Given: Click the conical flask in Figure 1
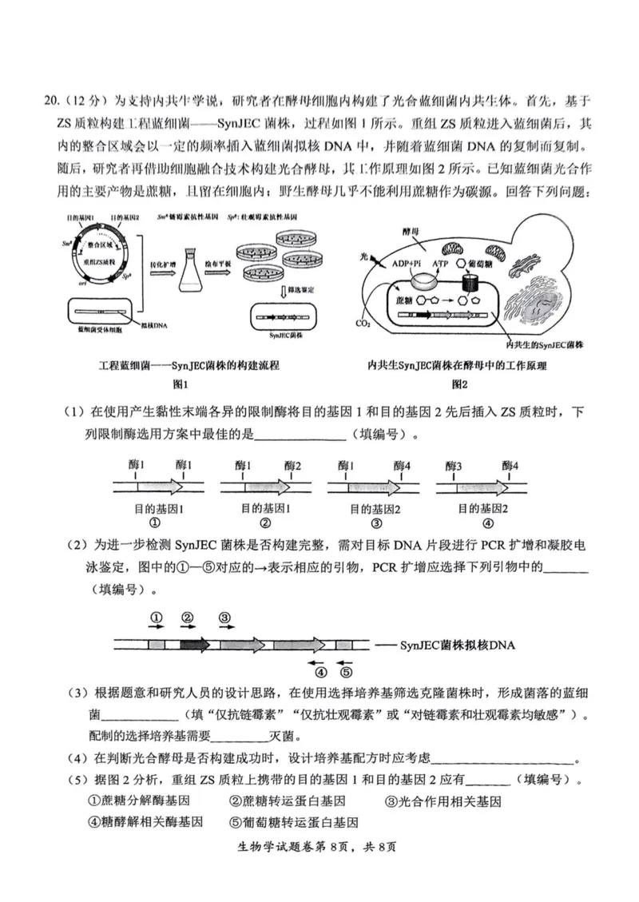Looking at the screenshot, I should click(190, 273).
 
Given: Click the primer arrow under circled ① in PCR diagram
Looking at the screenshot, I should click(157, 628).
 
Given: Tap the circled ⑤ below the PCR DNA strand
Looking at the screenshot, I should click(346, 672).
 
